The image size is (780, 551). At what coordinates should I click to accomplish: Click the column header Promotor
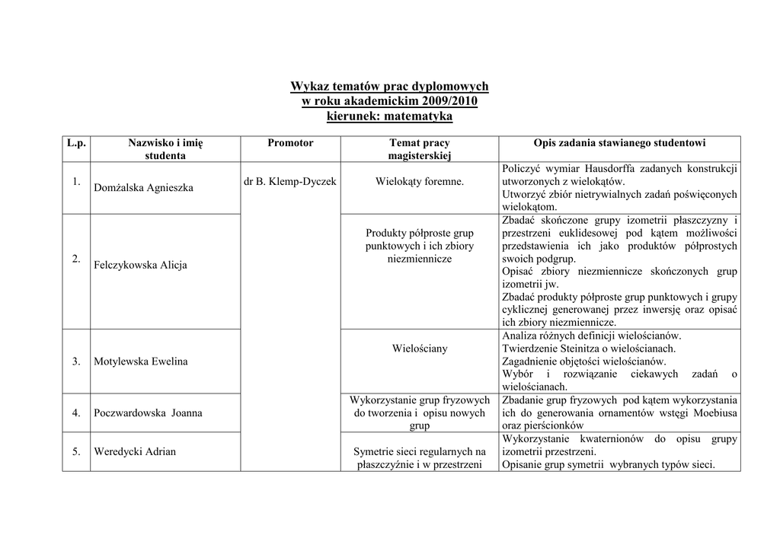[x=290, y=143]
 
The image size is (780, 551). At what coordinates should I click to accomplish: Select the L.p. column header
[x=76, y=143]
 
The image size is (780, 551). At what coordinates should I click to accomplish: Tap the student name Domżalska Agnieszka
[x=143, y=187]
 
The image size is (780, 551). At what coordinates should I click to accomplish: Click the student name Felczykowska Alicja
[x=140, y=265]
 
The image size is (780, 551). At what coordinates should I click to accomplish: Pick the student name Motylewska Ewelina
[x=140, y=361]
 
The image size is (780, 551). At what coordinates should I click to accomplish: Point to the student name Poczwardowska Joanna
[x=148, y=413]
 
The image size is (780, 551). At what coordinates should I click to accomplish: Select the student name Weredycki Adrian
[x=134, y=451]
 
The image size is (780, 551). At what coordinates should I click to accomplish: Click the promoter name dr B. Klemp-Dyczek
[x=290, y=181]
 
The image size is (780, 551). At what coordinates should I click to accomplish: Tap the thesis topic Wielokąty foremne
[x=419, y=181]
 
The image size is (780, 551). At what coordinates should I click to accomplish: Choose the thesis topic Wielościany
[x=420, y=349]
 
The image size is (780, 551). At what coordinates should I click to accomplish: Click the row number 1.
[x=76, y=181]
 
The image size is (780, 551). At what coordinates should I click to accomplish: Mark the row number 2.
[x=76, y=259]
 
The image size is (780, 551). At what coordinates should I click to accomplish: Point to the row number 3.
[x=76, y=361]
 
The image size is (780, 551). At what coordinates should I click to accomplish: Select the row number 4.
[x=76, y=413]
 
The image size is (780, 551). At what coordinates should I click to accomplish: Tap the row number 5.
[x=76, y=451]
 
